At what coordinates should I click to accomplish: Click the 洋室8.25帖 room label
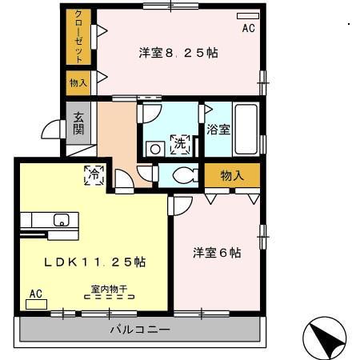click(178, 53)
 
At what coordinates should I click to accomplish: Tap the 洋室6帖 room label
click(216, 253)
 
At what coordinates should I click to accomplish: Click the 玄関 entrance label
click(79, 123)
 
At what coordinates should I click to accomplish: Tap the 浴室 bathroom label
click(218, 129)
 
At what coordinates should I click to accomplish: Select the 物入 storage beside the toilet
click(232, 175)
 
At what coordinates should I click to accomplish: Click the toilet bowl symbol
click(183, 175)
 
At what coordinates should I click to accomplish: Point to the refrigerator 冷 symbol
click(94, 175)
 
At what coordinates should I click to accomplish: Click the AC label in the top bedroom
click(247, 29)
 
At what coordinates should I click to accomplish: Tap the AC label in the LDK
click(35, 294)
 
